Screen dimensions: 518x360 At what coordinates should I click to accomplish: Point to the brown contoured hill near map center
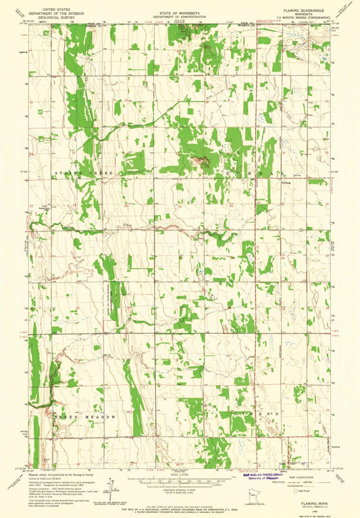click(x=198, y=161)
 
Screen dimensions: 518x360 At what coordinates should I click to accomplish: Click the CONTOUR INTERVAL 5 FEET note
click(x=180, y=488)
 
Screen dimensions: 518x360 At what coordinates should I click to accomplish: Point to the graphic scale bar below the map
click(x=180, y=481)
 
